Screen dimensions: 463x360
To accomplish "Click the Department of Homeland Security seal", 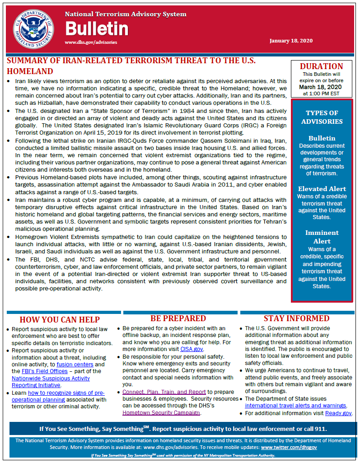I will (33, 28).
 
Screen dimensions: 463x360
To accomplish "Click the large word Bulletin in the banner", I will (97, 29).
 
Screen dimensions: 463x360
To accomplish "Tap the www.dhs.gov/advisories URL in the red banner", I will (91, 42).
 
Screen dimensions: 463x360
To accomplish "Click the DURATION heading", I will (321, 66).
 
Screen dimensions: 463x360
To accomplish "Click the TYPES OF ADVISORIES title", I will (322, 117).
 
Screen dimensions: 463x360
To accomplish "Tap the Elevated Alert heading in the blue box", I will (322, 189).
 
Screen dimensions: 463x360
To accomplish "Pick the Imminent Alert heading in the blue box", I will (322, 237).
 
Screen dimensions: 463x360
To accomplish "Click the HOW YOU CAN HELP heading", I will (60, 319).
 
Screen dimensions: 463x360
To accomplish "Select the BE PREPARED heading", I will (178, 318).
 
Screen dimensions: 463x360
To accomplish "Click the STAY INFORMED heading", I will (296, 318).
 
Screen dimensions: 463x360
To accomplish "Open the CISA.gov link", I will (192, 349).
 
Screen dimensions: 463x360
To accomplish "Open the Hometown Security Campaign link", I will (161, 413).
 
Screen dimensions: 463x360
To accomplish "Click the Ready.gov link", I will (338, 413).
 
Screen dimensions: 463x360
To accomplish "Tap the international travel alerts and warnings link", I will (295, 406).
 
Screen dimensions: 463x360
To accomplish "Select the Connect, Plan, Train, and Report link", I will (164, 392).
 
